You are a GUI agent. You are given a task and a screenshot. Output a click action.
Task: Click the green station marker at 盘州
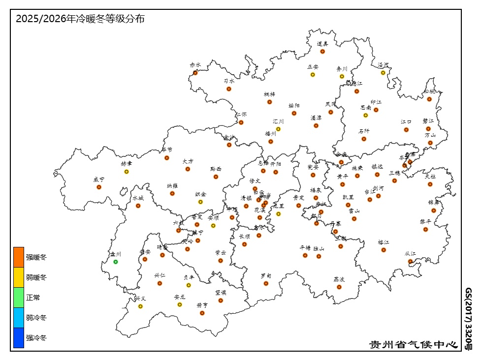pyautogui.click(x=116, y=262)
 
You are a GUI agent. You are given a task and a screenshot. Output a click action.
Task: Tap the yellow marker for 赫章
pyautogui.click(x=127, y=172)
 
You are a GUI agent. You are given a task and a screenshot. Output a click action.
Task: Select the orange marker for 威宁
pyautogui.click(x=99, y=187)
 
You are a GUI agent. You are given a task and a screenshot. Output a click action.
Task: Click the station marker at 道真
pyautogui.click(x=322, y=51)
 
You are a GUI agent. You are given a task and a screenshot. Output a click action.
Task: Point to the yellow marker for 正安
pyautogui.click(x=313, y=75)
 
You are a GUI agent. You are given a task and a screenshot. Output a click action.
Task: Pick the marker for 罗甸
pyautogui.click(x=266, y=283)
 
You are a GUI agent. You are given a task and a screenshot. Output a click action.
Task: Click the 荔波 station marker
pyautogui.click(x=339, y=287)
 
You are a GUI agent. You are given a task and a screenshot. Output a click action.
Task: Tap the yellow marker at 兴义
pyautogui.click(x=140, y=306)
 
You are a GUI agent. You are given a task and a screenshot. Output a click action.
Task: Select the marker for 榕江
pyautogui.click(x=384, y=250)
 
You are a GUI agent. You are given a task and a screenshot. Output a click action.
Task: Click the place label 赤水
pyautogui.click(x=195, y=65)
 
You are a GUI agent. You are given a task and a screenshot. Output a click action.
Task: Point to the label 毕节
pyautogui.click(x=167, y=150)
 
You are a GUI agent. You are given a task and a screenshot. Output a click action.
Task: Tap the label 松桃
pyautogui.click(x=429, y=91)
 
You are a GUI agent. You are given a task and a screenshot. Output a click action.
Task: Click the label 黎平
pyautogui.click(x=425, y=221)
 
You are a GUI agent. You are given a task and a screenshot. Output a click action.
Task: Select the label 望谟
pyautogui.click(x=221, y=292)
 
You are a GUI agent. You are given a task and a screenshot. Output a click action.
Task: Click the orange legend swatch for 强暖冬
pyautogui.click(x=19, y=257)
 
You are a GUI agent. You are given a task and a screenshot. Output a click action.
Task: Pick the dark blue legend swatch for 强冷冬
pyautogui.click(x=19, y=338)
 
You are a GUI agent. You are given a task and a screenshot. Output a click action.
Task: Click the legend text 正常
pyautogui.click(x=33, y=298)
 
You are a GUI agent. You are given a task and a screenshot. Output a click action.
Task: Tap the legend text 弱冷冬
pyautogui.click(x=36, y=318)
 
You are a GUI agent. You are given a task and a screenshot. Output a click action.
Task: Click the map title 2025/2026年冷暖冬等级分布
pyautogui.click(x=80, y=19)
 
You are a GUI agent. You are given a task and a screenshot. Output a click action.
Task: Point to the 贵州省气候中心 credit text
pyautogui.click(x=414, y=344)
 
